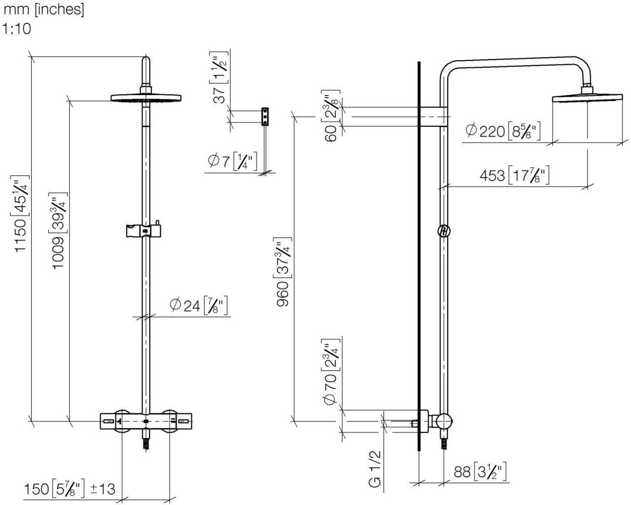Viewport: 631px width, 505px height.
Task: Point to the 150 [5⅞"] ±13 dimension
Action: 70,489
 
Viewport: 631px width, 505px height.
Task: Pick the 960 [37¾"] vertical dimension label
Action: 283,274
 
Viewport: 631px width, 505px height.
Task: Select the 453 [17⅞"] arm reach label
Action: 514,175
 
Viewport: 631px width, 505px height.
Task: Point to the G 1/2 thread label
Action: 375,469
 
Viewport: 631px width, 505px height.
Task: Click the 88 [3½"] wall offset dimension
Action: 480,472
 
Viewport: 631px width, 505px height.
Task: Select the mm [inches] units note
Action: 44,10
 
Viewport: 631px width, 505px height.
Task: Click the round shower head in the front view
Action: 146,97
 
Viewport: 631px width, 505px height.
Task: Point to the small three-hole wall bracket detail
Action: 265,116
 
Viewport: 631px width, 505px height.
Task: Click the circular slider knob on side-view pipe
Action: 444,231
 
